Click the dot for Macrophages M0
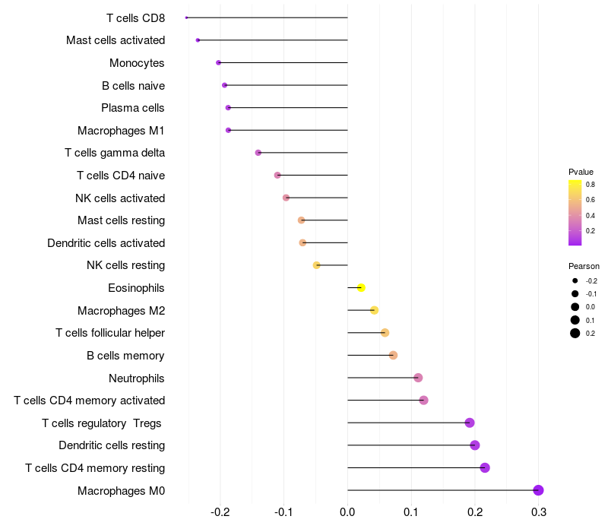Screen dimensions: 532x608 (538, 490)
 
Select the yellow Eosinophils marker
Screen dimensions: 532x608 (361, 287)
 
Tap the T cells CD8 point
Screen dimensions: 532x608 (186, 17)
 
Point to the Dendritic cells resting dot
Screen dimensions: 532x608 (475, 445)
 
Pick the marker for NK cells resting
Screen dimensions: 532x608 (317, 265)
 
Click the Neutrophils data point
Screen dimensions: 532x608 (418, 378)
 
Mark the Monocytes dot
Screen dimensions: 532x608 (218, 62)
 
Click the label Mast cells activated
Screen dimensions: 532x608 (116, 40)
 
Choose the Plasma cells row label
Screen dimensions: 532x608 (133, 108)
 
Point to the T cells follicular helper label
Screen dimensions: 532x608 (110, 333)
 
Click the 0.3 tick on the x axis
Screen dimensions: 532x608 (538, 512)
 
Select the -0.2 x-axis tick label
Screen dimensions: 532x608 (219, 512)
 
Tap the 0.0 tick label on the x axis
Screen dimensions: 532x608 (347, 512)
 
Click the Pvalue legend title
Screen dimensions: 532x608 (581, 172)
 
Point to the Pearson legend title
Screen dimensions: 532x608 (584, 267)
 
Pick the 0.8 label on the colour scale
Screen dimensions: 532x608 (590, 184)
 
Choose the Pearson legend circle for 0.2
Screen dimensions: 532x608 (575, 333)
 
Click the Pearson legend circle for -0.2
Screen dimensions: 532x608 (575, 280)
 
